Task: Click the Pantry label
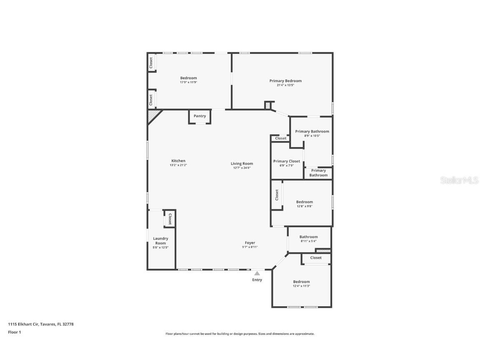(200, 116)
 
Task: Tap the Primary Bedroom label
(285, 81)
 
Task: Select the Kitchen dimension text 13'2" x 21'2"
(178, 165)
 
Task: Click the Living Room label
(242, 164)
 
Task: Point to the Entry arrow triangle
(257, 273)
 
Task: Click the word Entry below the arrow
(257, 280)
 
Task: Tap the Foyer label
(250, 243)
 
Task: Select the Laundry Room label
(160, 241)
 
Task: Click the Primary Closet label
(287, 161)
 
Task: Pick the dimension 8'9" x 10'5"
(312, 136)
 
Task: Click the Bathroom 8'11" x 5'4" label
(308, 237)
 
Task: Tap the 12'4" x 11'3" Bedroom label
(301, 282)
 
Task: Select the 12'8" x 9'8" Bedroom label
(304, 202)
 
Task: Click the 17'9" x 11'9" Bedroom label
(188, 78)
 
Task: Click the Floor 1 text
(14, 332)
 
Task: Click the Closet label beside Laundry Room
(170, 219)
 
